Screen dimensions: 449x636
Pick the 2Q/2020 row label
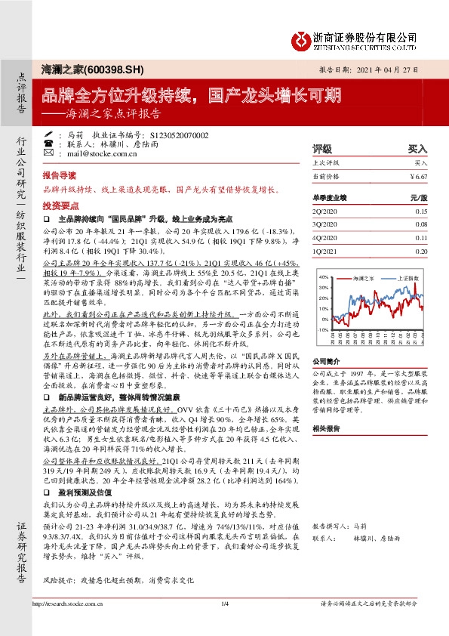(x=324, y=212)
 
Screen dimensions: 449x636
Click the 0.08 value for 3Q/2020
(x=420, y=224)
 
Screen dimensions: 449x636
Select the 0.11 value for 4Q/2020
(x=420, y=236)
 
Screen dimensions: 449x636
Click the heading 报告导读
(x=58, y=173)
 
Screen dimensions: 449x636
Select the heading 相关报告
(x=326, y=428)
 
